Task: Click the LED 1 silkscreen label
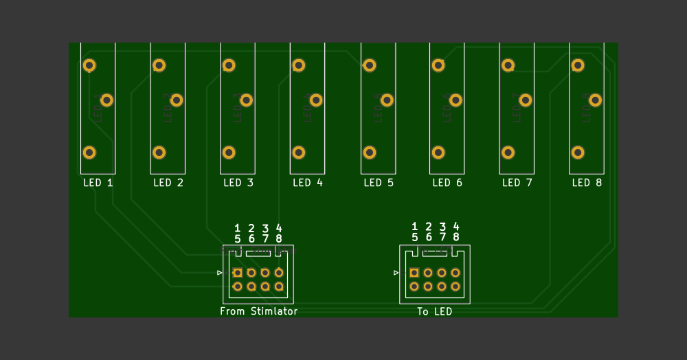click(x=98, y=183)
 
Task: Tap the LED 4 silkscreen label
click(x=307, y=183)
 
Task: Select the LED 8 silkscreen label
click(x=587, y=183)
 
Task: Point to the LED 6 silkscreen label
click(x=447, y=183)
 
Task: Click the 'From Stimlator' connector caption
click(x=258, y=311)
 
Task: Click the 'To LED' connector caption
click(x=434, y=311)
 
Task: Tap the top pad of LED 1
click(x=89, y=65)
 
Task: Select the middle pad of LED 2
click(x=177, y=100)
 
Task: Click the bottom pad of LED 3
click(x=229, y=153)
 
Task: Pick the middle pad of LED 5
click(x=387, y=100)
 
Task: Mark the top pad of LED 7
click(x=508, y=65)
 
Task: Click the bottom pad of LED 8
click(x=578, y=153)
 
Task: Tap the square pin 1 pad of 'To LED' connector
click(x=414, y=273)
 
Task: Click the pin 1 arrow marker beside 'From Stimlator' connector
click(x=220, y=273)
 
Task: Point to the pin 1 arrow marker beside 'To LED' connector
click(x=396, y=273)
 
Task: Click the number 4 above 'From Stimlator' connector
click(x=279, y=227)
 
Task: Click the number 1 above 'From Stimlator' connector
click(x=238, y=227)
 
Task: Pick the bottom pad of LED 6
click(x=438, y=153)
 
